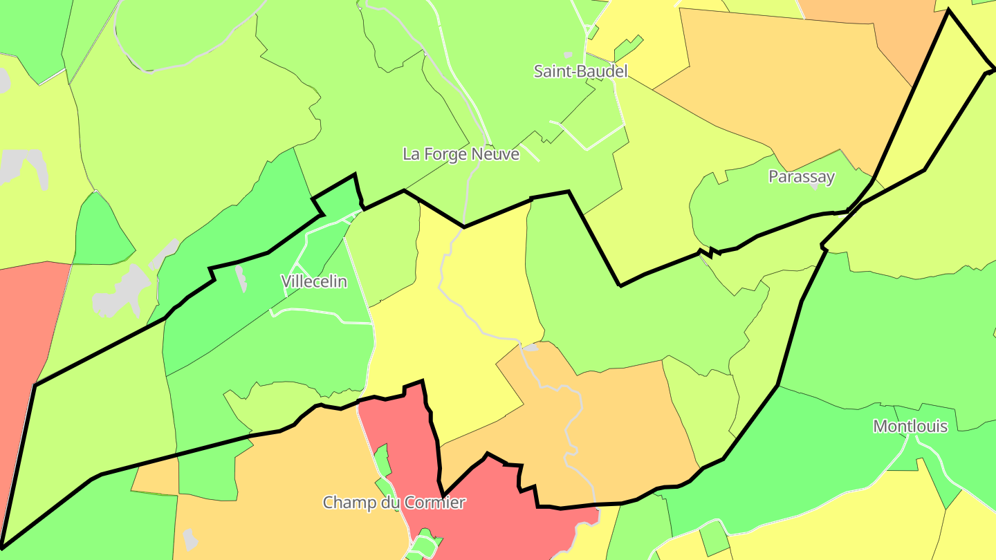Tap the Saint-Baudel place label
[x=580, y=71]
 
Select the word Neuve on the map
[x=496, y=154]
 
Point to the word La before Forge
[x=411, y=154]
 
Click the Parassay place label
[x=802, y=177]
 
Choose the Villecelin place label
[x=313, y=281]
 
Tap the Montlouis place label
[x=910, y=426]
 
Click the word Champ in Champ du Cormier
[x=350, y=503]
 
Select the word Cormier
[x=436, y=503]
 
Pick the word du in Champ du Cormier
[x=391, y=503]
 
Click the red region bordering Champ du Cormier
[x=484, y=512]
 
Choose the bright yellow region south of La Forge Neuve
[x=456, y=346]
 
